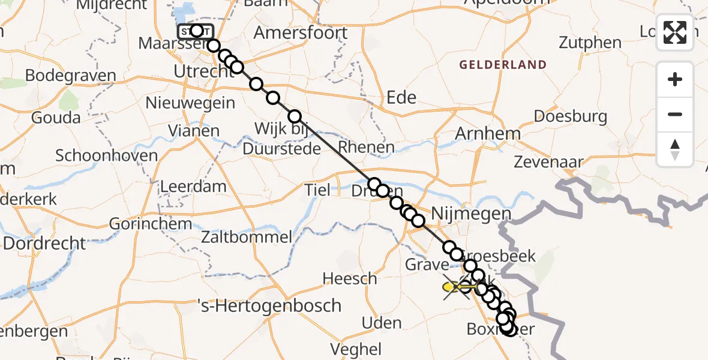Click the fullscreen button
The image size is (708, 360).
coord(675,32)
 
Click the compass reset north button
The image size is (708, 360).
coord(675,149)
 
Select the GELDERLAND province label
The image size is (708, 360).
coord(503,65)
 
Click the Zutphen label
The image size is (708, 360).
coord(590,43)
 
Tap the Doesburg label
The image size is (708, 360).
coord(570,116)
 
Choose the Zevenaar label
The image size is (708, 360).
coord(549,161)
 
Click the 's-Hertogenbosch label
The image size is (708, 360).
coord(269,305)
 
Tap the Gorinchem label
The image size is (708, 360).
coord(151,224)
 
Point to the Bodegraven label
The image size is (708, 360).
coord(71,76)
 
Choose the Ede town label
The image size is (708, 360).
coord(401,97)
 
